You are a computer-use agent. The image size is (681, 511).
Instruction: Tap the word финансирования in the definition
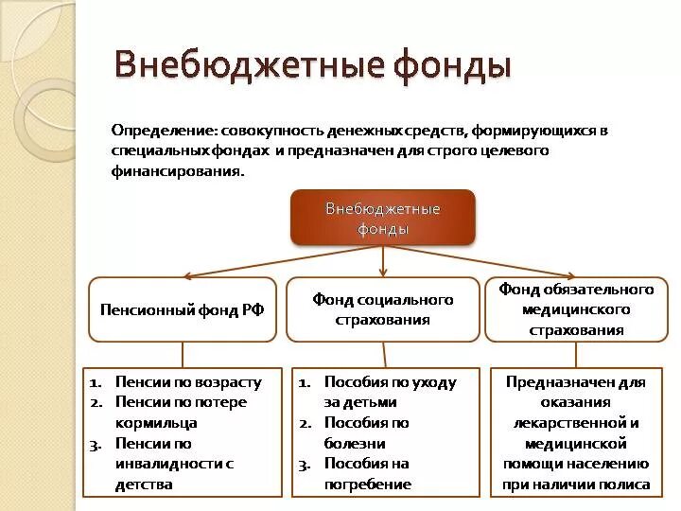(175, 172)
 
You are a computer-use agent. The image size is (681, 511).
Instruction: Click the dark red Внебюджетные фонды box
(383, 218)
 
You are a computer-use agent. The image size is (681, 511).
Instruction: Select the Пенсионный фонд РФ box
(182, 309)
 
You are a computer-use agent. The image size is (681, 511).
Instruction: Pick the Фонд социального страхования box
(383, 309)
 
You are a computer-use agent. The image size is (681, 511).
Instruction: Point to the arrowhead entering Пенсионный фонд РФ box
(188, 275)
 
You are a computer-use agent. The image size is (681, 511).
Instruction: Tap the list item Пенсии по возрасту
(187, 382)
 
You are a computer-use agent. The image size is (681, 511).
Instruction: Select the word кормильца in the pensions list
(156, 423)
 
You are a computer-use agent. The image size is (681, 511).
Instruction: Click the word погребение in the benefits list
(368, 484)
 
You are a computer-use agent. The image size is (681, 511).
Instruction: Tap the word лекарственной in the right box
(575, 423)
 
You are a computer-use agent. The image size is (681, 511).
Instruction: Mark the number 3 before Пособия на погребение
(304, 464)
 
